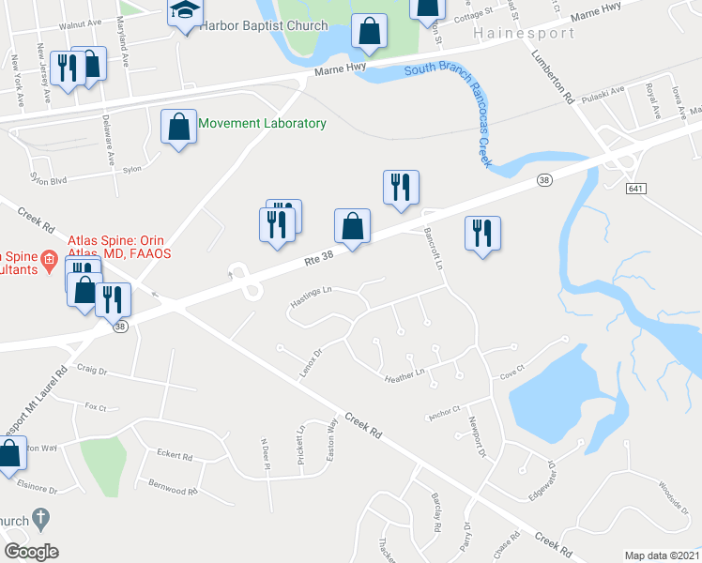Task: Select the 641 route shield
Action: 636,189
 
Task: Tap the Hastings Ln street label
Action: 312,297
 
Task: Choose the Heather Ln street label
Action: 405,375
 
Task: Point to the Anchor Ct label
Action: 443,410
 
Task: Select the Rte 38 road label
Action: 318,258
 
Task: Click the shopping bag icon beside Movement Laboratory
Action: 178,126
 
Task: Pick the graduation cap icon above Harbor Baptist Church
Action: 185,10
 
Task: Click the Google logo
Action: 31,552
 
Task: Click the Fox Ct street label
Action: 96,407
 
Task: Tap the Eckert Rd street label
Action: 175,457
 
